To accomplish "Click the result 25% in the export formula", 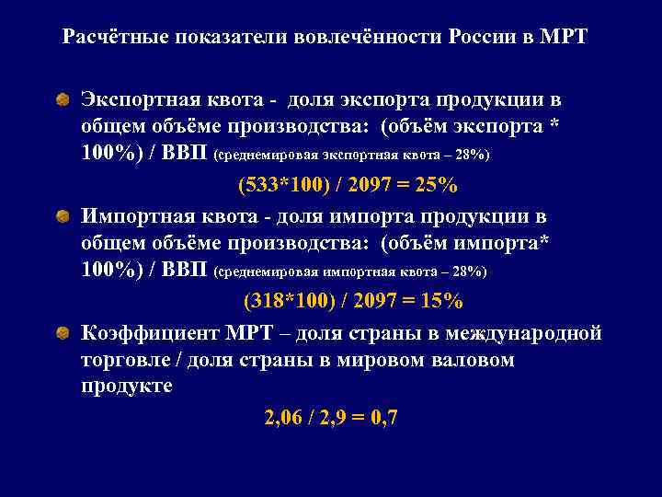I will click(x=435, y=186).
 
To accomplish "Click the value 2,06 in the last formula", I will click(x=283, y=419).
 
